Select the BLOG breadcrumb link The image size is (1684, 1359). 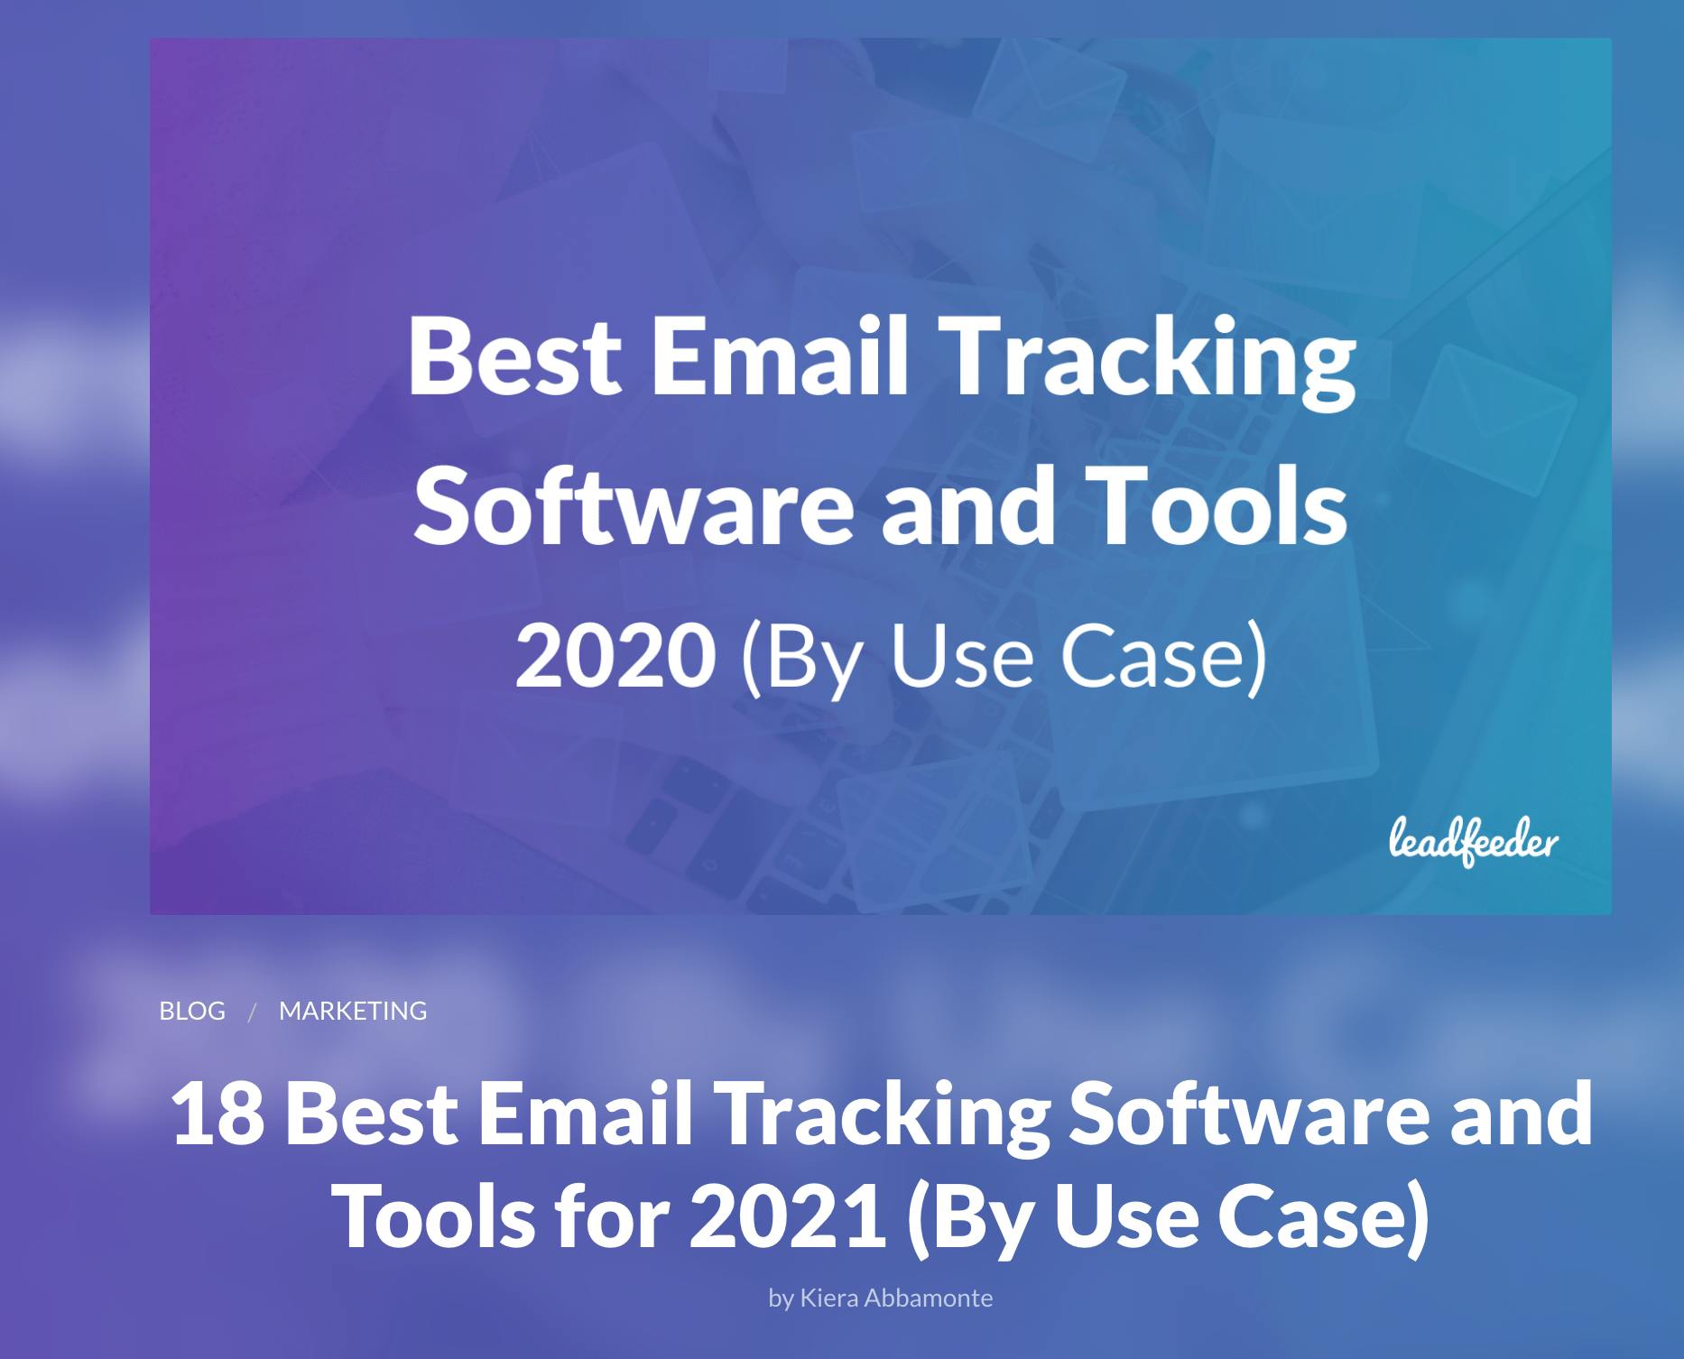[x=192, y=1011]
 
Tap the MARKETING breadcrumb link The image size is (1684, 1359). [x=353, y=1011]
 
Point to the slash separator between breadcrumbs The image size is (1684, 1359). [x=253, y=1012]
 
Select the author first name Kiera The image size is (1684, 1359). [x=829, y=1298]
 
